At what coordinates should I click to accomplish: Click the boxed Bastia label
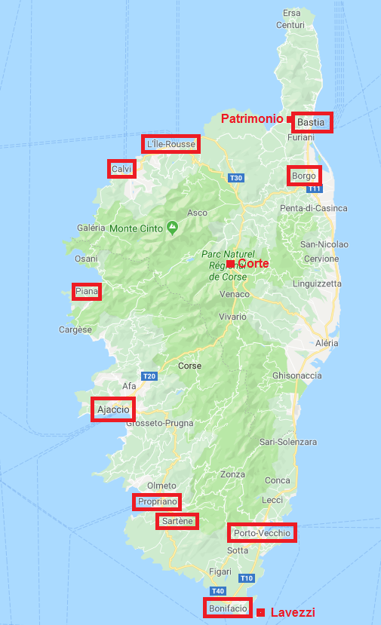pyautogui.click(x=311, y=121)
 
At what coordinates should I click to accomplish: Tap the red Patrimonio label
pyautogui.click(x=252, y=119)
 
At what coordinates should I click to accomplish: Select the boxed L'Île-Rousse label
pyautogui.click(x=171, y=144)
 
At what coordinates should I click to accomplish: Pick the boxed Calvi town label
pyautogui.click(x=121, y=169)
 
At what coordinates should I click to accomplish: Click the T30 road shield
pyautogui.click(x=236, y=178)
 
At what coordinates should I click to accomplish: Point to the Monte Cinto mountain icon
pyautogui.click(x=173, y=225)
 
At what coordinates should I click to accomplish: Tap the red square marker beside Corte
pyautogui.click(x=231, y=264)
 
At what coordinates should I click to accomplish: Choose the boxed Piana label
pyautogui.click(x=88, y=292)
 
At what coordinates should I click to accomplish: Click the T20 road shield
pyautogui.click(x=149, y=376)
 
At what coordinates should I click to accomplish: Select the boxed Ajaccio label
pyautogui.click(x=113, y=409)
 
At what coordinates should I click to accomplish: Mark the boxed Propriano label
pyautogui.click(x=157, y=501)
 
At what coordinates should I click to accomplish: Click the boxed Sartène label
pyautogui.click(x=177, y=521)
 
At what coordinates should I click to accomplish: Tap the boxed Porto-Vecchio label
pyautogui.click(x=262, y=533)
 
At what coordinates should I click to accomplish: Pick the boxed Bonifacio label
pyautogui.click(x=227, y=608)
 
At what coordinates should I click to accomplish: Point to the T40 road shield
pyautogui.click(x=217, y=590)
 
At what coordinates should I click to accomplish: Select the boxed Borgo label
pyautogui.click(x=304, y=176)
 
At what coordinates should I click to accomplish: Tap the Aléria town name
pyautogui.click(x=327, y=342)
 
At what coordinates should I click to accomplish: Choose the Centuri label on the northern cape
pyautogui.click(x=290, y=25)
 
